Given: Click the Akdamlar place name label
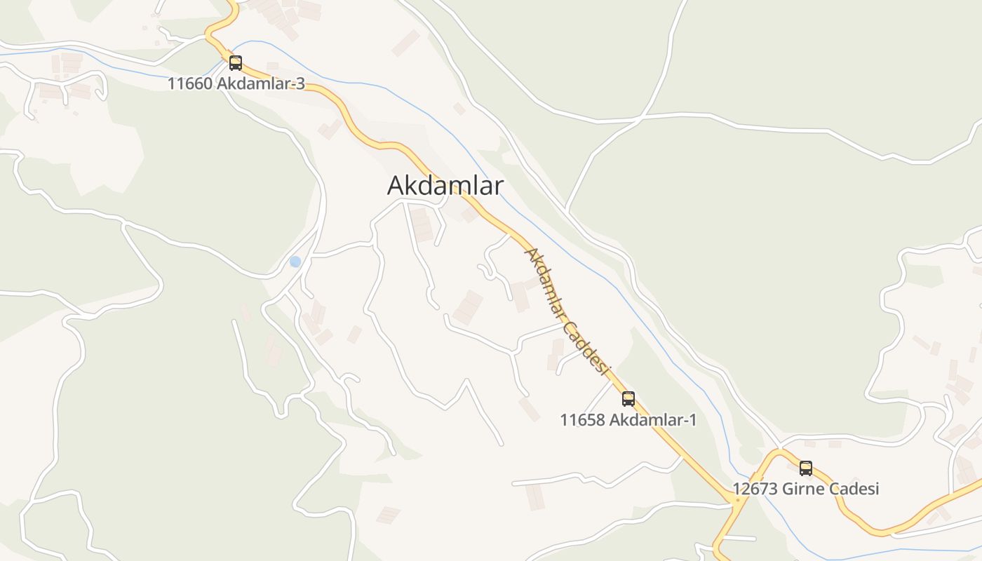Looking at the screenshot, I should tap(445, 186).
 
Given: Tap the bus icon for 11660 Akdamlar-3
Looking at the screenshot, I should tap(236, 63).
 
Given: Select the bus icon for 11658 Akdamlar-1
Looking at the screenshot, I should tap(628, 399).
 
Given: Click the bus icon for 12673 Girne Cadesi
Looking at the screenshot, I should tap(806, 468).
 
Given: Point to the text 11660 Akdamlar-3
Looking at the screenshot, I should tap(236, 84).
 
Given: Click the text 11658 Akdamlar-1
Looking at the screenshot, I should tap(628, 420).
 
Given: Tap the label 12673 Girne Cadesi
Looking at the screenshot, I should tap(805, 489).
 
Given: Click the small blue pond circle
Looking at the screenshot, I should tap(295, 262).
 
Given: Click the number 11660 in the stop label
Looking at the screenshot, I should tap(189, 84).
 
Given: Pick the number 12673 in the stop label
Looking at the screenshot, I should tap(755, 489).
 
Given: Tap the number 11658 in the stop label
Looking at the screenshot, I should tap(581, 420).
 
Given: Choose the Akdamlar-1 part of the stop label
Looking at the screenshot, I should tap(652, 420).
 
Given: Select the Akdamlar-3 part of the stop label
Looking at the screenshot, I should tap(260, 84).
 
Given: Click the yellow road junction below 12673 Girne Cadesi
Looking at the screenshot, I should tap(736, 501).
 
